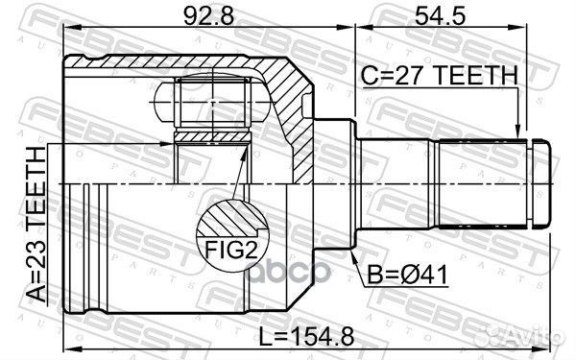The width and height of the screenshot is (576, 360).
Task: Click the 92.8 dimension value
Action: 204,16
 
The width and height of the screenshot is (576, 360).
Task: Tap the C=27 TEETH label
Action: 438,75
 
